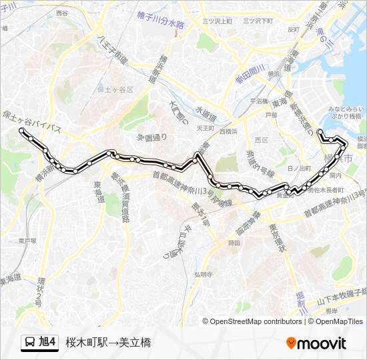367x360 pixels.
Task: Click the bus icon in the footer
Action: [x=29, y=343]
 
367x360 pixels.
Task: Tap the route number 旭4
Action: [x=47, y=343]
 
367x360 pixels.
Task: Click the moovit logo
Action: [x=316, y=343]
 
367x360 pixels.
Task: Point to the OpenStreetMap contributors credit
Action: [x=256, y=321]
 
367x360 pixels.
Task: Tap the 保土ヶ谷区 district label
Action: [x=115, y=89]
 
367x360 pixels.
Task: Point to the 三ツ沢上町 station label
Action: [x=217, y=21]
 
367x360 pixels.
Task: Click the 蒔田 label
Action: [x=234, y=243]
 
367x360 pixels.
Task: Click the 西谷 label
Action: [x=62, y=13]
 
